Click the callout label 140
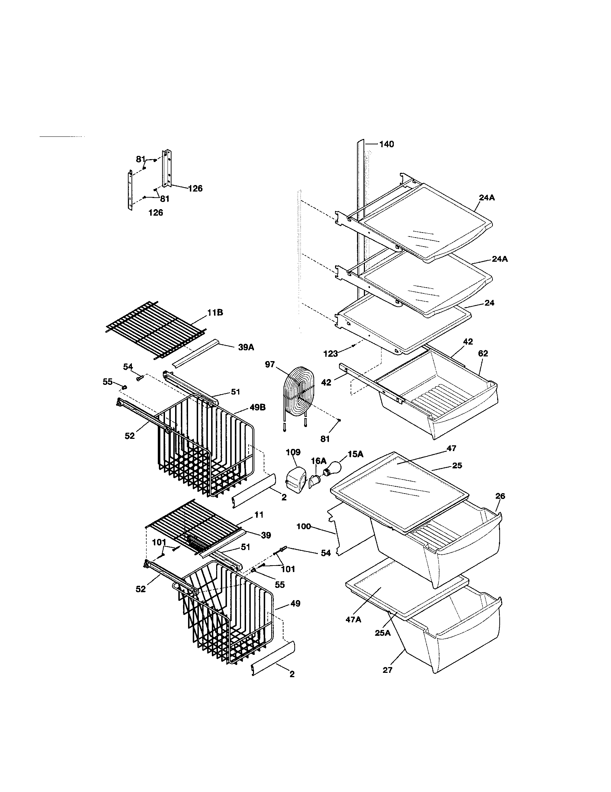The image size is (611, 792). coord(387,144)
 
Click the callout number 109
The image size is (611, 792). coord(293,452)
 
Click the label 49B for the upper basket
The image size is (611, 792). coord(257,408)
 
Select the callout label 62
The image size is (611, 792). coord(483,353)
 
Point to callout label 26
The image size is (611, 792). coord(500,496)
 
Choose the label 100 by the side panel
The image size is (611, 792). coord(304,526)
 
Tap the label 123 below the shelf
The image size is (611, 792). coord(330,354)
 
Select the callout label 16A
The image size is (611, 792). coord(318,461)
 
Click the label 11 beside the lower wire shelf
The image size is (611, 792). coord(259,514)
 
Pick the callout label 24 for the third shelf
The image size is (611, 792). coord(489,303)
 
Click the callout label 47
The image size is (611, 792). coord(451,449)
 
